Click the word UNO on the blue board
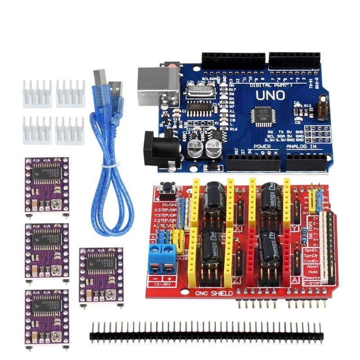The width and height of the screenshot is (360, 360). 270,95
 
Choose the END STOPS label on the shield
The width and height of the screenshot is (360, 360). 310,227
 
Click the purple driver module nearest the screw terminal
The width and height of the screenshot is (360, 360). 101,274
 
